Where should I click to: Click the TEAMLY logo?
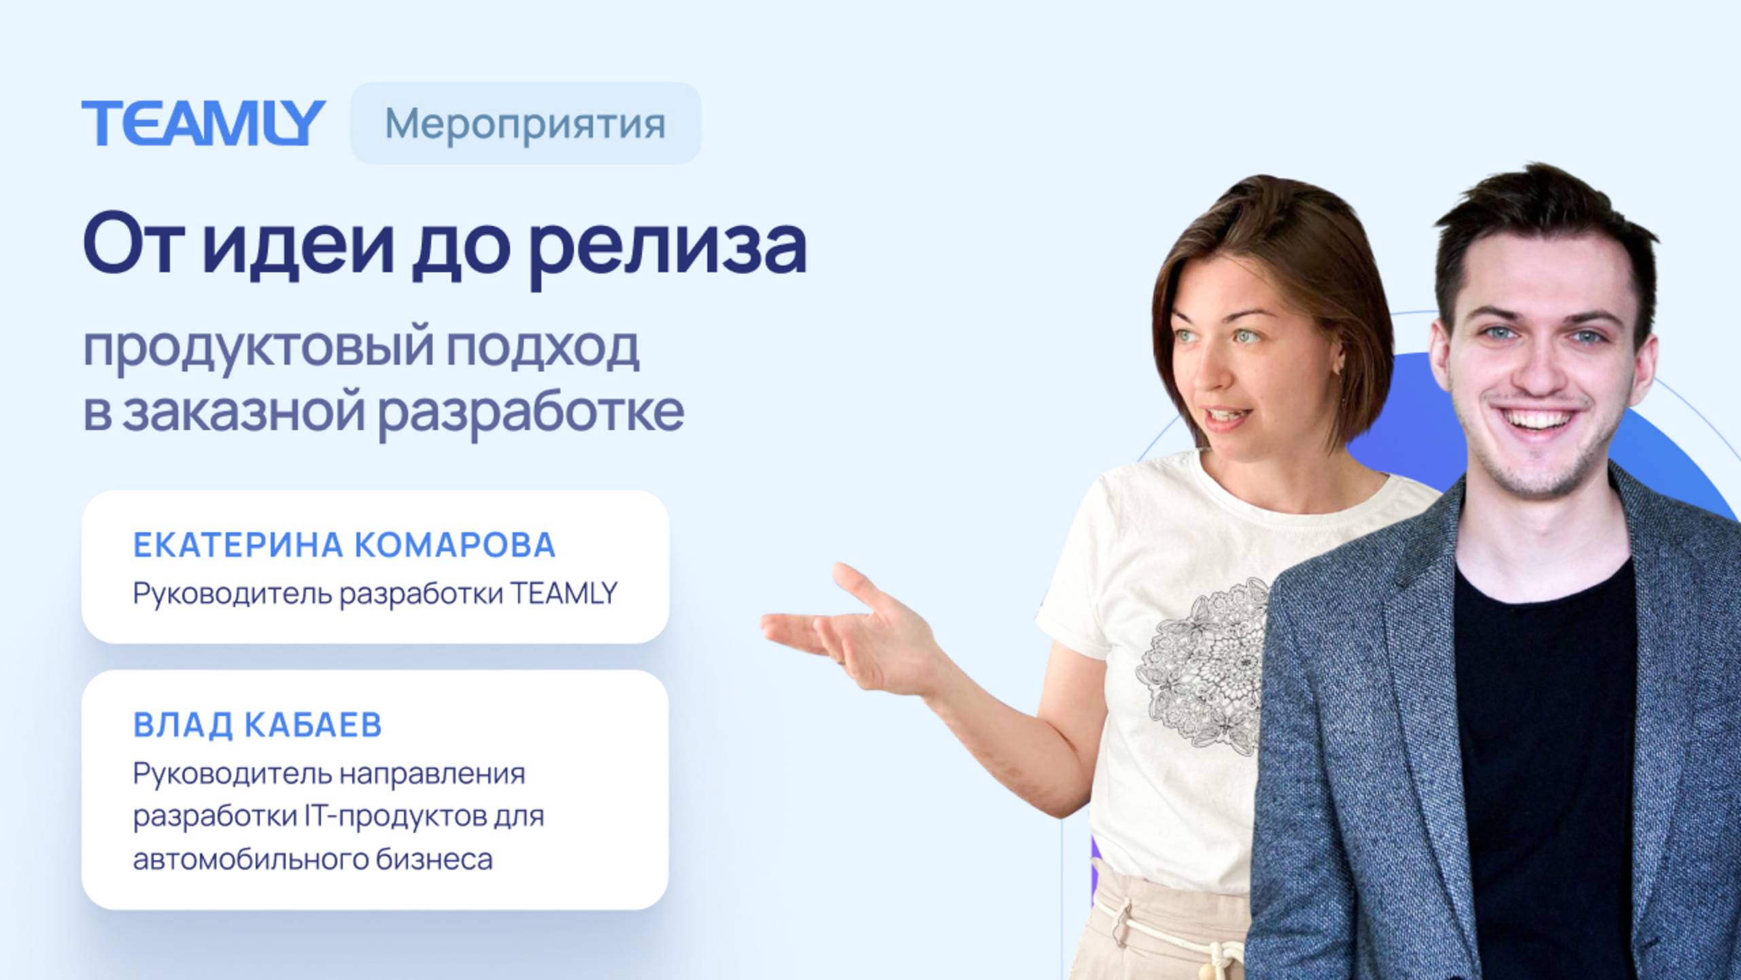tap(203, 123)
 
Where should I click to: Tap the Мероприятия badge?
tap(525, 124)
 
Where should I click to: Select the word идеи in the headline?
tap(298, 244)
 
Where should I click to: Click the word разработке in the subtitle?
tap(530, 412)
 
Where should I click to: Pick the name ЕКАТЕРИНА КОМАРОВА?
tap(344, 545)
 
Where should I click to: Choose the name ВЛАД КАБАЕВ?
tap(257, 725)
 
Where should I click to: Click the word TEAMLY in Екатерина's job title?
tap(564, 593)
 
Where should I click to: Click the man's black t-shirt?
tap(1544, 715)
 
